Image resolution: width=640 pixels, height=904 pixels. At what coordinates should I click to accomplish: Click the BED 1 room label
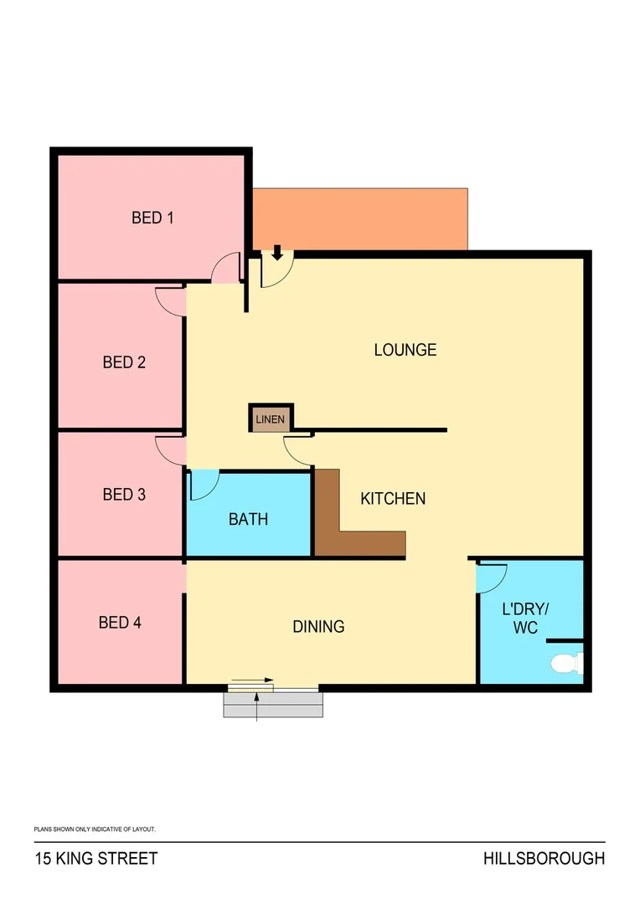coord(152,218)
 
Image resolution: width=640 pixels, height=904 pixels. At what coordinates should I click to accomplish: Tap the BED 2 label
coord(124,362)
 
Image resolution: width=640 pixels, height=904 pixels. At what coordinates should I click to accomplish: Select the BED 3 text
coord(124,495)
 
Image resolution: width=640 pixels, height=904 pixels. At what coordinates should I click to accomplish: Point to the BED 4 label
coord(120,623)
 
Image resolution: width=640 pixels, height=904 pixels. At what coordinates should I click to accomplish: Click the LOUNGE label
coord(405,350)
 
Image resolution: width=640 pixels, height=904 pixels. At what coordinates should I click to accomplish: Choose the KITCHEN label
coord(393,499)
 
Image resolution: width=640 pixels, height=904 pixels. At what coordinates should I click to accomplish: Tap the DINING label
coord(318,626)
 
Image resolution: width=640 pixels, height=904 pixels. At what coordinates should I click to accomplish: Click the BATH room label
coord(249,519)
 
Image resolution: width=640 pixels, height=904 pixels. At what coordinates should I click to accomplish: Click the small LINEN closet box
coord(271,419)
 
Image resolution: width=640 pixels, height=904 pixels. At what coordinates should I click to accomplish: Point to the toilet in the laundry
coord(566,664)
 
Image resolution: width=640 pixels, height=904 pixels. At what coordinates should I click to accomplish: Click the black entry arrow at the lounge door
coord(277,252)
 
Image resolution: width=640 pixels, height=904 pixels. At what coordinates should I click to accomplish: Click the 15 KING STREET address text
coord(95,859)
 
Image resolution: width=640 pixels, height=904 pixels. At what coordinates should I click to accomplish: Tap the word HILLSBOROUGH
coord(544,859)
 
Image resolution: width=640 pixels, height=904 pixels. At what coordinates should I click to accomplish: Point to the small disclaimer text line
coord(95,829)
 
